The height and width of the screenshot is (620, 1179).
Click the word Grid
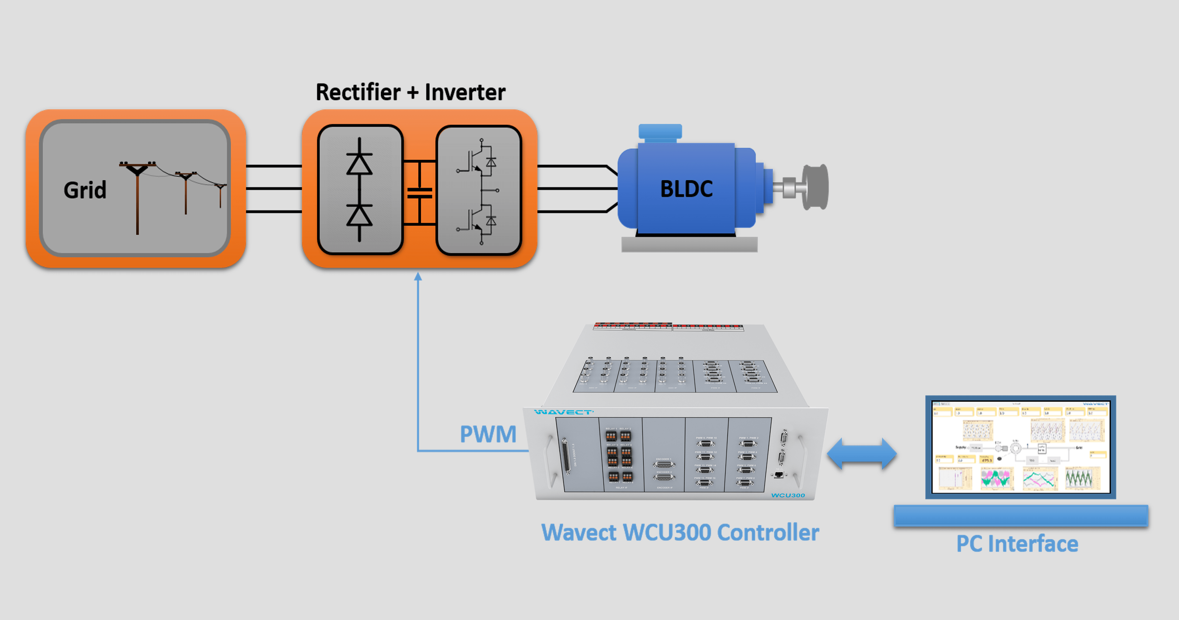tap(85, 190)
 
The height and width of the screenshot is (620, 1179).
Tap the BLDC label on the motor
tap(686, 189)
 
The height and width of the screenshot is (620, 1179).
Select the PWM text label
tap(488, 434)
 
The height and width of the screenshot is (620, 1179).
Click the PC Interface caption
tap(1017, 544)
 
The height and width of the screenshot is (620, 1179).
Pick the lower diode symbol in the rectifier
tap(359, 215)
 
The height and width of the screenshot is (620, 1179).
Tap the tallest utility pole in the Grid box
tap(137, 197)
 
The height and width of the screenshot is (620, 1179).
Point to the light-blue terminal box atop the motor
tap(660, 132)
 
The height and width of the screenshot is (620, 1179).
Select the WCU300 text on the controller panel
tap(788, 495)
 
